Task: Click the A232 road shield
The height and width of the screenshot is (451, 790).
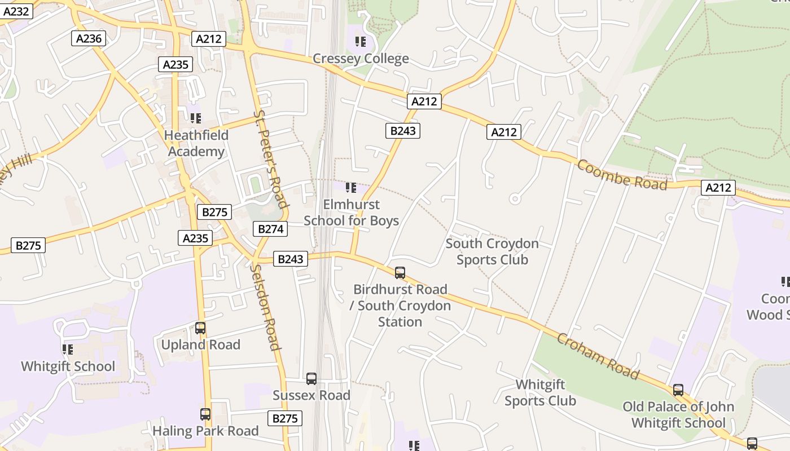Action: pyautogui.click(x=16, y=11)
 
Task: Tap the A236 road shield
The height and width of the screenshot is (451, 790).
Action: pyautogui.click(x=89, y=38)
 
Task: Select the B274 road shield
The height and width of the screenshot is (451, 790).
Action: pyautogui.click(x=271, y=229)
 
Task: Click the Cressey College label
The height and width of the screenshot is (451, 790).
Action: pyautogui.click(x=361, y=59)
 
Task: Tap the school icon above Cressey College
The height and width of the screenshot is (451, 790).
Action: pyautogui.click(x=361, y=42)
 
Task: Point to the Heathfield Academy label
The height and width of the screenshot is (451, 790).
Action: pyautogui.click(x=196, y=143)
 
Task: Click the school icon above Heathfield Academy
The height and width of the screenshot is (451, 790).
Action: pyautogui.click(x=196, y=118)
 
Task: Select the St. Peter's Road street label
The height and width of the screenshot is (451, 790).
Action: pyautogui.click(x=271, y=160)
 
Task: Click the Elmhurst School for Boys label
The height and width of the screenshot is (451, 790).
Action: pyautogui.click(x=351, y=213)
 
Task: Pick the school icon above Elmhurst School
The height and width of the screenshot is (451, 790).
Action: pyautogui.click(x=351, y=187)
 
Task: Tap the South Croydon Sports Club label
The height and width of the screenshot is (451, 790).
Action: pyautogui.click(x=492, y=251)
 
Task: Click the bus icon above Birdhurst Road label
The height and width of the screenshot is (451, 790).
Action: pyautogui.click(x=400, y=273)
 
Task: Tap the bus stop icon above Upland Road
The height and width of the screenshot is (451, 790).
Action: pyautogui.click(x=200, y=328)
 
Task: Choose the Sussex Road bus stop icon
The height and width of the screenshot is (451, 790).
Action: pyautogui.click(x=311, y=379)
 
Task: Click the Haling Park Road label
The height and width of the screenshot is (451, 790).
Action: pyautogui.click(x=205, y=431)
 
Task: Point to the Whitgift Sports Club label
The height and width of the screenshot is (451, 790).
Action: pyautogui.click(x=540, y=392)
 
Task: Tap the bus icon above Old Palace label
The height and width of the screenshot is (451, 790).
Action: pyautogui.click(x=678, y=390)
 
